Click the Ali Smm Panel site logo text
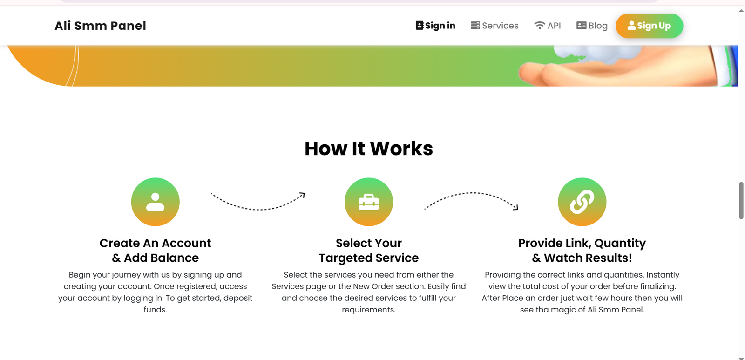[x=100, y=26]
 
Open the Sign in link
[x=435, y=26]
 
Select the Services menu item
[x=494, y=26]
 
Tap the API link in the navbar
[x=548, y=26]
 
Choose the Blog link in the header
[x=592, y=26]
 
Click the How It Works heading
[x=368, y=149]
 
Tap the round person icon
[x=156, y=202]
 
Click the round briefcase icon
[x=368, y=202]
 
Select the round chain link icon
[x=582, y=202]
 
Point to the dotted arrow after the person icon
[x=258, y=209]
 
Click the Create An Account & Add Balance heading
[x=156, y=250]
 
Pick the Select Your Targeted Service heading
[x=368, y=250]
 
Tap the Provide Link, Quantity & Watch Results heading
[x=582, y=250]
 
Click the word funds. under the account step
[x=156, y=310]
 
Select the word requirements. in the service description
[x=368, y=310]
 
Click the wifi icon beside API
[x=540, y=25]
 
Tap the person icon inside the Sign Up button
[x=631, y=25]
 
